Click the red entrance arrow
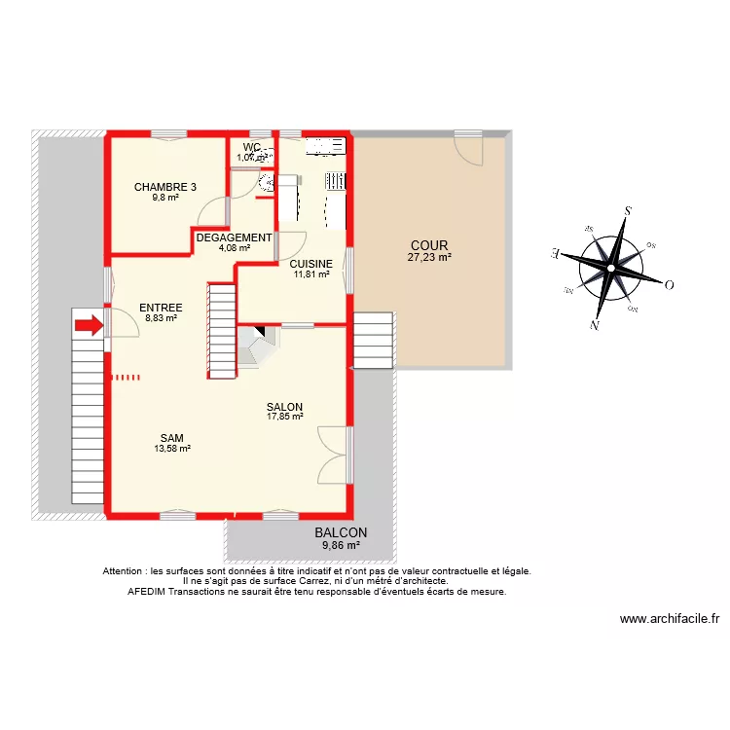coord(88,325)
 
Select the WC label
coord(252,147)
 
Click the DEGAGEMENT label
coord(234,237)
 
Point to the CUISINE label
coord(311,264)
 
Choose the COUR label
coord(429,245)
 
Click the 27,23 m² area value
coord(429,258)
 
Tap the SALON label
coord(285,407)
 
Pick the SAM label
coord(171,438)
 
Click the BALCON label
coord(341,532)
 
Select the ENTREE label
coord(161,308)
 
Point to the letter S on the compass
coord(629,210)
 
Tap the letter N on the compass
coord(594,325)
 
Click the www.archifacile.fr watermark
coord(669,618)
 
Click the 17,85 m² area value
coord(285,418)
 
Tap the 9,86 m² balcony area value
coord(341,545)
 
